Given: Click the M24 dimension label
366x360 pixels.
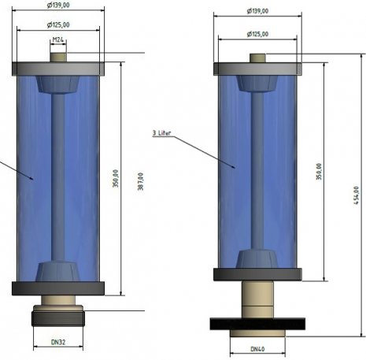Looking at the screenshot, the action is click(58, 40).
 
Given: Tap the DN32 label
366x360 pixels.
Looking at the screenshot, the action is click(58, 342).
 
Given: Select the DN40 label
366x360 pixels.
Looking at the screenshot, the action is click(257, 349).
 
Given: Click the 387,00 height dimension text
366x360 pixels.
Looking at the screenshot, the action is click(141, 181).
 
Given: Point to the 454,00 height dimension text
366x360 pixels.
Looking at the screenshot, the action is click(356, 195).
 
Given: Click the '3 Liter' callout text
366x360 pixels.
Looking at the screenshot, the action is click(161, 133).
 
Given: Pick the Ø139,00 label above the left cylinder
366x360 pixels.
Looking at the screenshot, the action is click(58, 5).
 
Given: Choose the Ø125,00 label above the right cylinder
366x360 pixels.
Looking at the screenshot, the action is click(257, 34).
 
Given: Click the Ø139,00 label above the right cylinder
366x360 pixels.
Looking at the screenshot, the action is click(257, 11).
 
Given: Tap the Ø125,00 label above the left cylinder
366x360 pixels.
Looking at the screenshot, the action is click(58, 25).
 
